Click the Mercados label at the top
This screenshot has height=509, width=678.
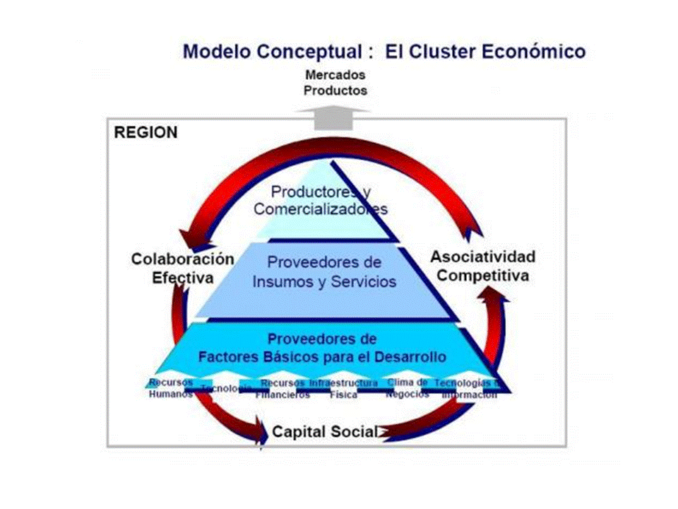coord(335,74)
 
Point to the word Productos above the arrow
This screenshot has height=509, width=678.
coord(335,90)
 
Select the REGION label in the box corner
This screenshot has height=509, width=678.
coord(145,133)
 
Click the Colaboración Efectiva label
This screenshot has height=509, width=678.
coord(182,268)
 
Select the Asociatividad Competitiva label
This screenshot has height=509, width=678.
coord(482,265)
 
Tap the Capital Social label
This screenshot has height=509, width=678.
coord(324,431)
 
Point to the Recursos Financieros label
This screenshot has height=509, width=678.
coord(282,389)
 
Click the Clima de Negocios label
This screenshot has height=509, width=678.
coord(408,388)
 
